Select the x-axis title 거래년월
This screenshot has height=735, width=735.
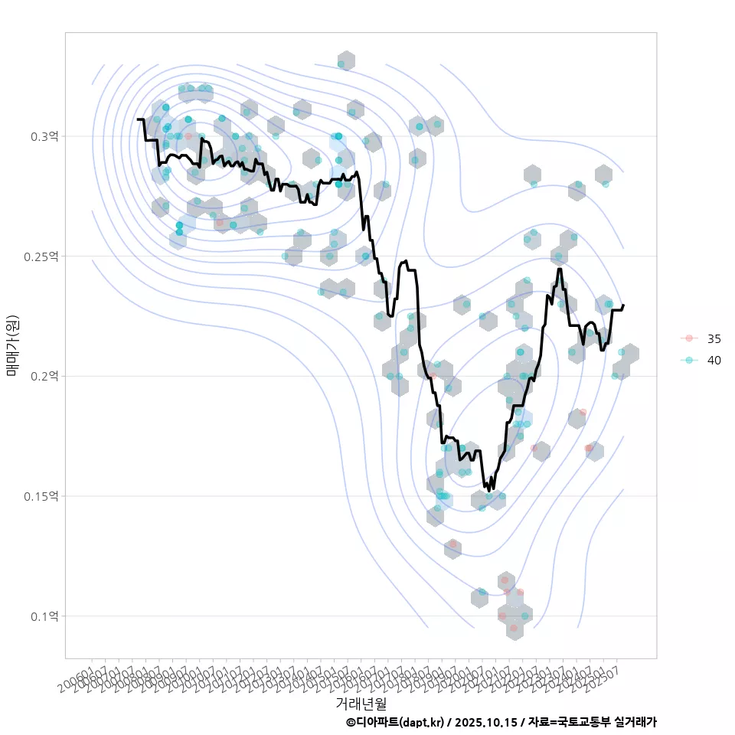tap(361, 702)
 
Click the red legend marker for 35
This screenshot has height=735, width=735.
tap(689, 338)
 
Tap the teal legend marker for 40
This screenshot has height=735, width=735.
tap(689, 360)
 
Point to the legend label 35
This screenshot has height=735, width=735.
tap(714, 338)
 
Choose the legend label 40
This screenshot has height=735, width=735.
tap(714, 360)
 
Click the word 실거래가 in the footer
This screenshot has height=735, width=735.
tap(635, 722)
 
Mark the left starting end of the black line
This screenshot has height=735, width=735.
tap(138, 119)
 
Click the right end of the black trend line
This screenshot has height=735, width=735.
tap(623, 305)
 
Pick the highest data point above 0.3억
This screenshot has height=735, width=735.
tap(341, 64)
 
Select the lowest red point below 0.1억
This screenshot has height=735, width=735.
tap(514, 628)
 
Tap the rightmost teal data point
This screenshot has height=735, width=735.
tap(622, 352)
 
